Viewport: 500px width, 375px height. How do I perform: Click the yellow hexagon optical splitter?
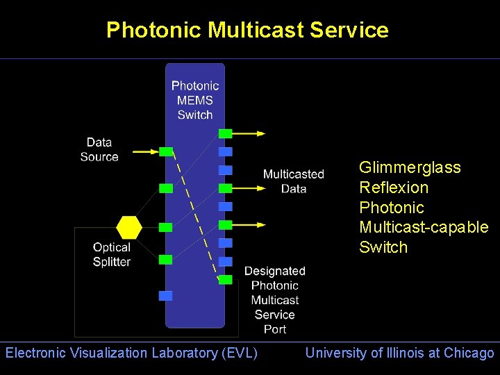click(x=129, y=227)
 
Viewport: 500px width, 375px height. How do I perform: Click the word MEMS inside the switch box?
click(x=195, y=100)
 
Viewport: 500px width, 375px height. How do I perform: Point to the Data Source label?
click(x=99, y=150)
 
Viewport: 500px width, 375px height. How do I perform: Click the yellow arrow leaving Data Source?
click(x=146, y=151)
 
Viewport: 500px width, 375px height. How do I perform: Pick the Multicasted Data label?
click(x=294, y=181)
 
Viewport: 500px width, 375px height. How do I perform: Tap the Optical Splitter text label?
click(x=112, y=254)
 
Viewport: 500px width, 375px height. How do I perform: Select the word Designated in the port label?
click(x=275, y=271)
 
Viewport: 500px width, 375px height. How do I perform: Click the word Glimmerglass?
click(x=410, y=168)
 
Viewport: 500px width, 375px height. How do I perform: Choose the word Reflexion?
click(x=394, y=187)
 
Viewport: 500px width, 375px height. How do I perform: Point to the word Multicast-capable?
click(x=424, y=227)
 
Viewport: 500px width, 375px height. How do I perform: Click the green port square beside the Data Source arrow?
click(x=166, y=151)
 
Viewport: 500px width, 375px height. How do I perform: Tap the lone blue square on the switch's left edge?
click(x=165, y=296)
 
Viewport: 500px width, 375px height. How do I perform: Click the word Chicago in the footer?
click(x=469, y=353)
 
